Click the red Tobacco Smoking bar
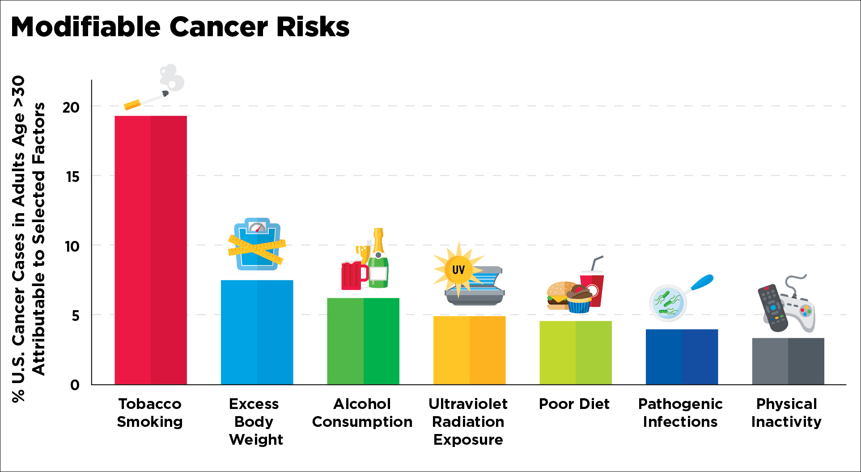(151, 250)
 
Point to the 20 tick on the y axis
(71, 107)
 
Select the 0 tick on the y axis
(75, 385)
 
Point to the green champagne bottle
(378, 261)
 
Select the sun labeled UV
(458, 269)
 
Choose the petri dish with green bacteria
(668, 303)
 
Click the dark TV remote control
(773, 308)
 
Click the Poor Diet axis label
(574, 404)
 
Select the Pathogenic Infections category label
(680, 413)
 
